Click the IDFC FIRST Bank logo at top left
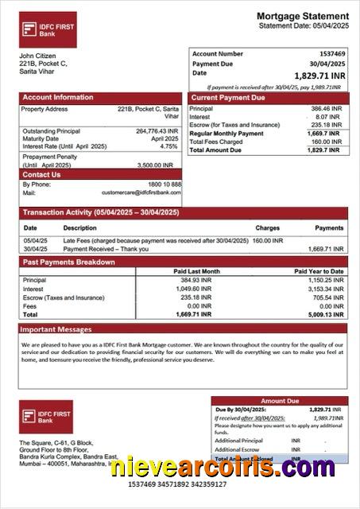pos(48,30)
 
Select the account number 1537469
pos(327,54)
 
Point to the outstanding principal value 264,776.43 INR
pos(157,131)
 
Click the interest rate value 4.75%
pos(168,146)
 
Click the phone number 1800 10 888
pos(165,185)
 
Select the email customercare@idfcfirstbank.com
pos(141,192)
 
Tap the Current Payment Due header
pos(227,97)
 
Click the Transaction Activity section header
pos(101,212)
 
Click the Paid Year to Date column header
pos(319,271)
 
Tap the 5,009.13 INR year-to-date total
pos(326,314)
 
